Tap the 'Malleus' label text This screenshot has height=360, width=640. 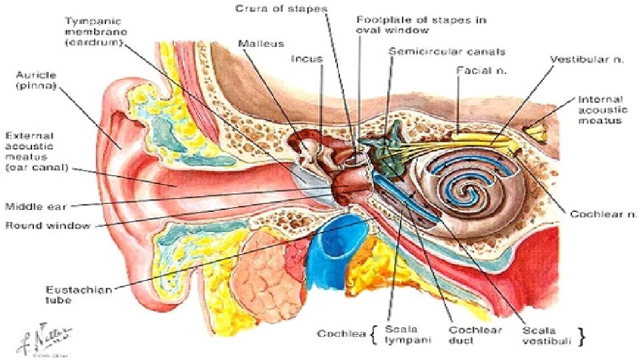[x=261, y=44]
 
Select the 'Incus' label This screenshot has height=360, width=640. [x=307, y=59]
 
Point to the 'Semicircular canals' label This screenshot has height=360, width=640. [x=447, y=51]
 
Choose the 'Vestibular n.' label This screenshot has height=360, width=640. [x=587, y=59]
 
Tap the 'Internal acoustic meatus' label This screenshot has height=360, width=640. [x=602, y=110]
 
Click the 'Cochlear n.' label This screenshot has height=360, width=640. [x=603, y=215]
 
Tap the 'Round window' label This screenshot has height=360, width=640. [x=48, y=225]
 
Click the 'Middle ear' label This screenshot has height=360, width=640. [x=36, y=206]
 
